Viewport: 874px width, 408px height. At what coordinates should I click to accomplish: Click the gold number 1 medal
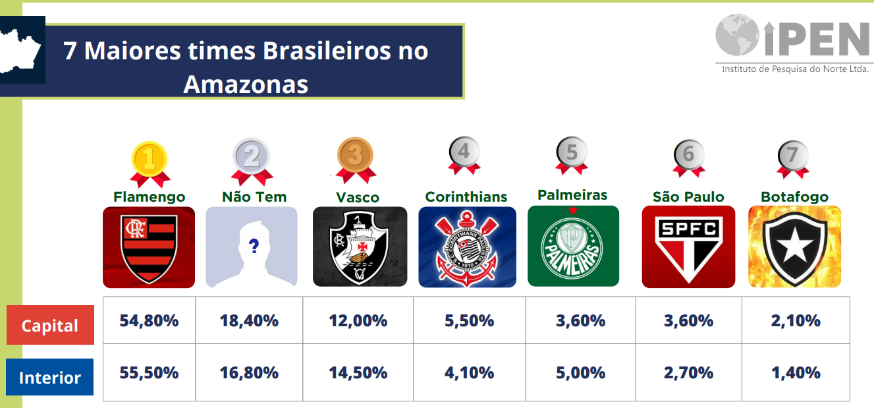[x=150, y=164]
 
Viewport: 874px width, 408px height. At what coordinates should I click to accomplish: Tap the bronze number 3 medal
[x=355, y=160]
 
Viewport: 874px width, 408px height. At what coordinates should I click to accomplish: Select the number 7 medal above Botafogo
[x=793, y=159]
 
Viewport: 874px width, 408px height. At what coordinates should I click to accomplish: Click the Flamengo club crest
[x=149, y=248]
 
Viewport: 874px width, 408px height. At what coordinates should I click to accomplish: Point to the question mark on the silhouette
[x=254, y=246]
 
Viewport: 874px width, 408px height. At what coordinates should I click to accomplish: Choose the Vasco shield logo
[x=360, y=247]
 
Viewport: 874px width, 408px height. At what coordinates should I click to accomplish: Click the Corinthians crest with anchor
[x=467, y=247]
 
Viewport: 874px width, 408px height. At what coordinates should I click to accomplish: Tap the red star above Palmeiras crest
[x=573, y=210]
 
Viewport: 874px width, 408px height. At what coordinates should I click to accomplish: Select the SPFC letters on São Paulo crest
[x=688, y=229]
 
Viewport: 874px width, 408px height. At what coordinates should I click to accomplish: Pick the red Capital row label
[x=50, y=325]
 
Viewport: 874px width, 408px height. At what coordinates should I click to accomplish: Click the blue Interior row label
[x=49, y=377]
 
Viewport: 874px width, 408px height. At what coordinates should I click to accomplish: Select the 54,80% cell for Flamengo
[x=149, y=320]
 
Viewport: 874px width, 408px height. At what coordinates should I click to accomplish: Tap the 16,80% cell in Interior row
[x=249, y=372]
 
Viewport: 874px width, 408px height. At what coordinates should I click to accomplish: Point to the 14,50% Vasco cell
[x=358, y=372]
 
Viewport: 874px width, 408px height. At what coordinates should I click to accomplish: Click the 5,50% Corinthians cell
[x=470, y=320]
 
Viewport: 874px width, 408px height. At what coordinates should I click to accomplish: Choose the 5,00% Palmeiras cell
[x=581, y=372]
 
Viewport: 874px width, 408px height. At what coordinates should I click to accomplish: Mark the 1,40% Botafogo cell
[x=796, y=372]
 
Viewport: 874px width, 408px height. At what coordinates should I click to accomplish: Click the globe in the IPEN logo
[x=737, y=35]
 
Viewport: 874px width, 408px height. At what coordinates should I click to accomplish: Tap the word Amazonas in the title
[x=246, y=84]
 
